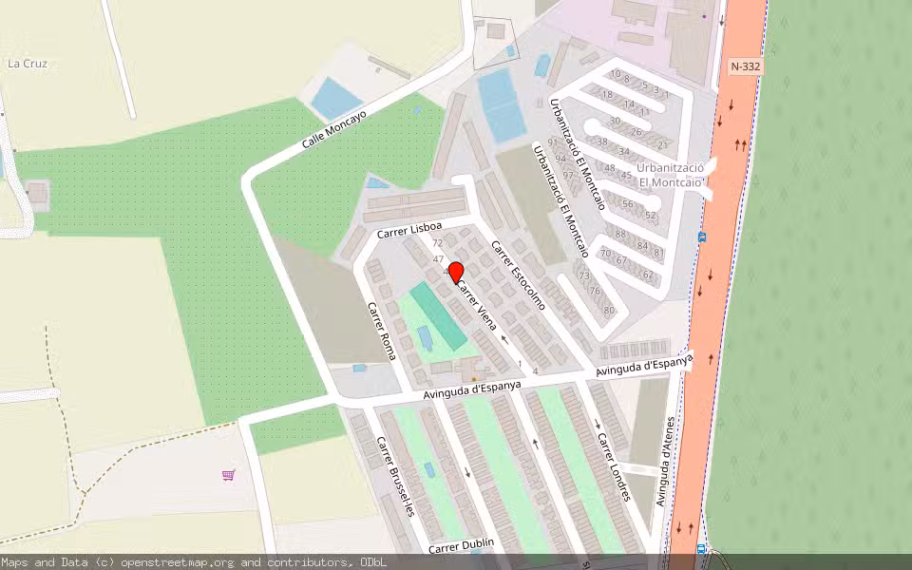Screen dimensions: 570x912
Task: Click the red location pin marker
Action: click(455, 273)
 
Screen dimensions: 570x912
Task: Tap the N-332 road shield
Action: click(746, 66)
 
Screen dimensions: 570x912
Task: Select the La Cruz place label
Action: click(27, 64)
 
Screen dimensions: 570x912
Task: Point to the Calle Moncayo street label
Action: click(333, 128)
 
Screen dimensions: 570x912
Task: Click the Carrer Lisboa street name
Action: click(408, 231)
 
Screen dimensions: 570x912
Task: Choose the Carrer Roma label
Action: click(381, 331)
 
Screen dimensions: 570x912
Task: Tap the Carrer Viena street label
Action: click(477, 306)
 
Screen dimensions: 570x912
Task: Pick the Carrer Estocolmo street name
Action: click(518, 275)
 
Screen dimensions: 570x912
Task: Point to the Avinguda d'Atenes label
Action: click(668, 461)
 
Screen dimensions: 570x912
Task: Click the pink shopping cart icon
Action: click(228, 474)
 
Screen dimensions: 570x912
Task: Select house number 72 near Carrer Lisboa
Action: click(438, 243)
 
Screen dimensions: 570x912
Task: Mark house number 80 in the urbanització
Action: click(609, 311)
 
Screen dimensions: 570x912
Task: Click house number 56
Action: click(627, 204)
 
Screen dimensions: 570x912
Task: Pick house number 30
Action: click(615, 121)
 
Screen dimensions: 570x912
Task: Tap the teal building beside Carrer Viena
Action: click(438, 314)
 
